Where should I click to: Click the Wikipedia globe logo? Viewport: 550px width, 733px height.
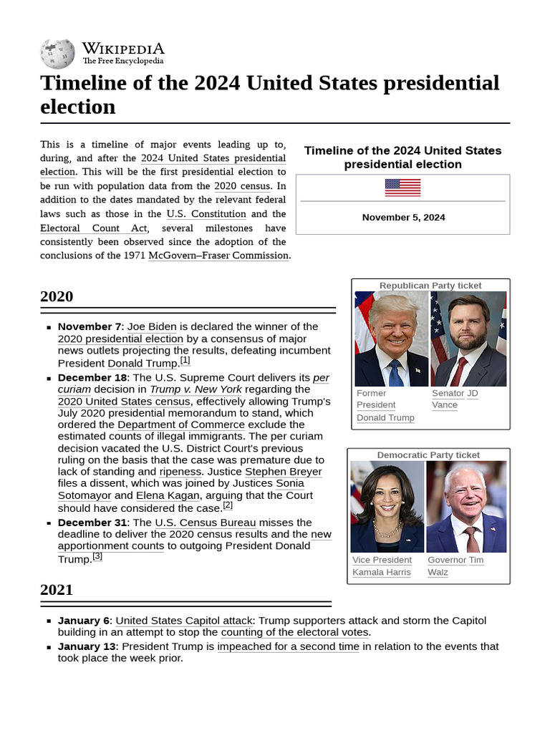tap(57, 54)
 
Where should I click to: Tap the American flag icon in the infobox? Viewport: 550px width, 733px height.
tap(402, 188)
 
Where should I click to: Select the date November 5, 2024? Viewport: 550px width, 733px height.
tap(403, 218)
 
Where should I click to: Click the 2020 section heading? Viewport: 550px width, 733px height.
tap(57, 296)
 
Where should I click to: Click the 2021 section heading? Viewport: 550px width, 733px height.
tap(57, 590)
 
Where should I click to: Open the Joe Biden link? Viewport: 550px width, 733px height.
tap(152, 326)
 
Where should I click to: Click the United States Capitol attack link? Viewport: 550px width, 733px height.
tap(184, 621)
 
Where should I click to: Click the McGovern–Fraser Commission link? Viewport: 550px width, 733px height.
tap(218, 256)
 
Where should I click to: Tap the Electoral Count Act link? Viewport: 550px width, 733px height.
tap(93, 228)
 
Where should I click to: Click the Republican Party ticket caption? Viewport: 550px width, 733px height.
tap(430, 286)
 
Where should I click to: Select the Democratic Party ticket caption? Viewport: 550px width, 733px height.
tap(428, 455)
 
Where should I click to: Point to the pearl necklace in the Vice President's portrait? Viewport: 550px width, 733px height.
tap(387, 530)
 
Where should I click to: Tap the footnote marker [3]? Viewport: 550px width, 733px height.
tap(97, 556)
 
